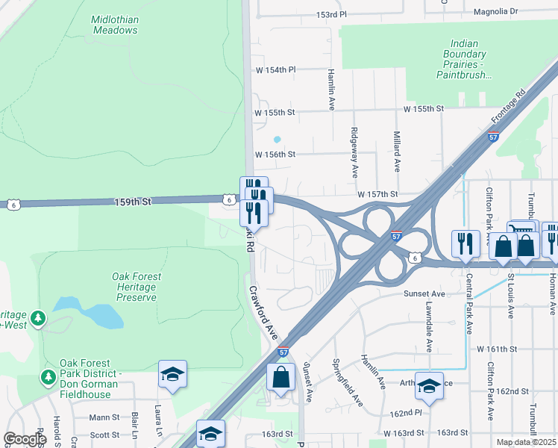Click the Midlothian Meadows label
coord(115,25)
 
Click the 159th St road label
coord(133,202)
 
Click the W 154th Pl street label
coord(275,69)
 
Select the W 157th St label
coord(377,194)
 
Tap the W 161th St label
coord(497,349)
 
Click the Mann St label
coord(104,417)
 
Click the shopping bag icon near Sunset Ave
coord(281,377)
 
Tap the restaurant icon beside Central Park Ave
coord(465,243)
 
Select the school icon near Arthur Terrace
coord(429,385)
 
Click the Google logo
coord(25,439)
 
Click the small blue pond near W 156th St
coord(278,139)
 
